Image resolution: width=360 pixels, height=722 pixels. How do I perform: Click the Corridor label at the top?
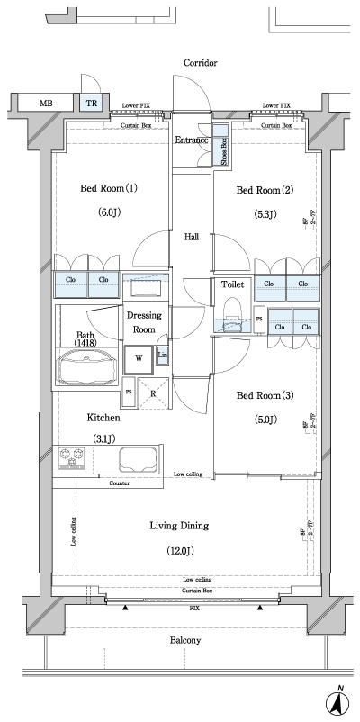(x=200, y=63)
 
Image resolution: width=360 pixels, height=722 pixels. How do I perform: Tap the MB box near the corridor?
(x=45, y=104)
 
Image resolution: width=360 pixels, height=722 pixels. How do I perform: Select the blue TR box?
(x=91, y=104)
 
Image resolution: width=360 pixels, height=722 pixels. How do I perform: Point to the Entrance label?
(x=192, y=140)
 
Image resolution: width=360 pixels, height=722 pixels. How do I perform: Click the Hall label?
(x=192, y=237)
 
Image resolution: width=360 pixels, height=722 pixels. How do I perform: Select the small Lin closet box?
(x=163, y=356)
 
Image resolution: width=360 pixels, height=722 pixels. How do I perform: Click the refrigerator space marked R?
(x=154, y=393)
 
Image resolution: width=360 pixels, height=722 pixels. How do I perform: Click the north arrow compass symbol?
(x=339, y=704)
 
